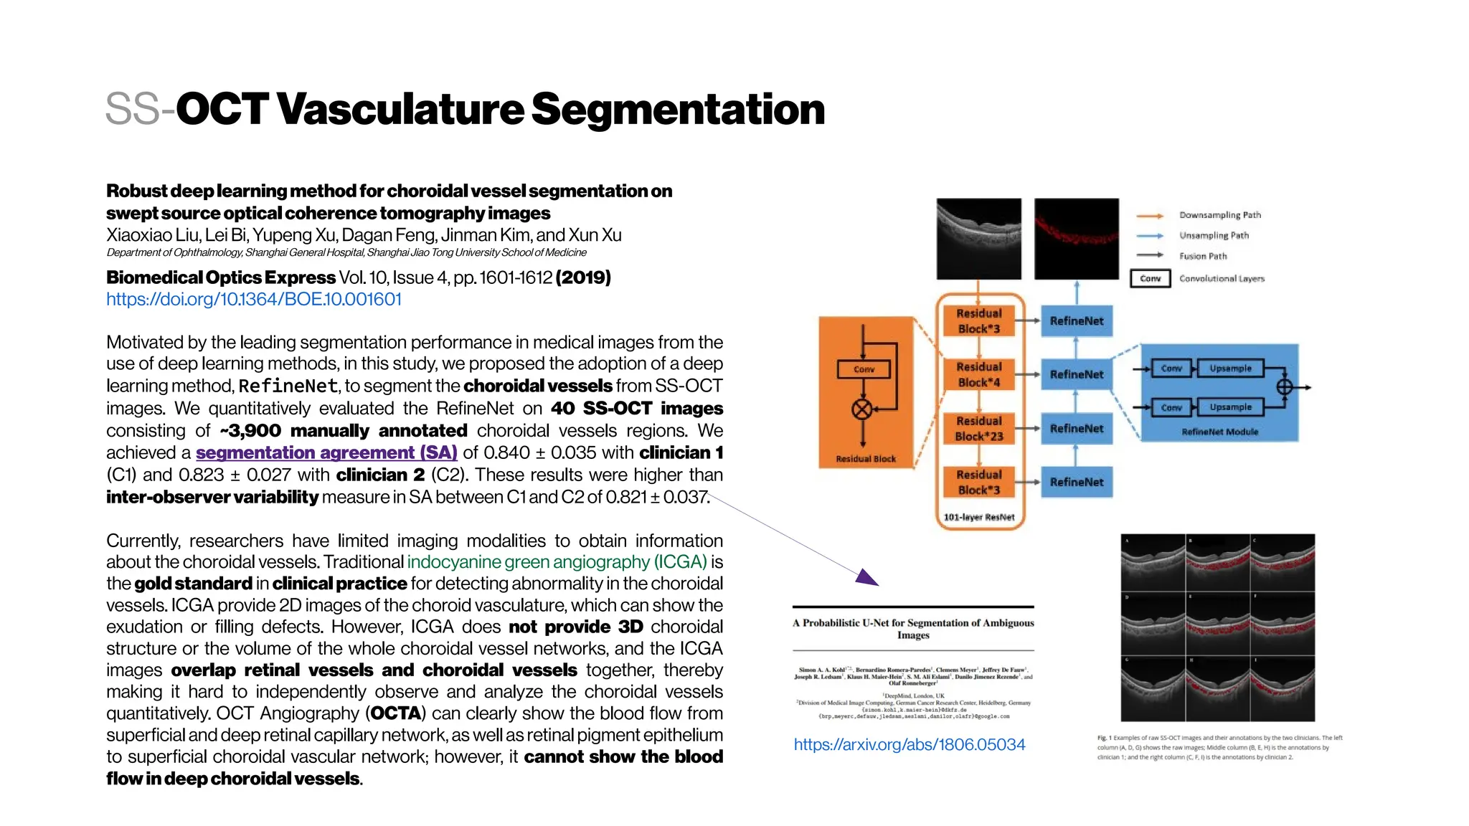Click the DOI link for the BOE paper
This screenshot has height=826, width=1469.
254,299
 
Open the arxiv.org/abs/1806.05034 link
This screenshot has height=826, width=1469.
909,744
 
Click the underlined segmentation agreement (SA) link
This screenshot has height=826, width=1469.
326,452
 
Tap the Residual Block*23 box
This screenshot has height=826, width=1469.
979,428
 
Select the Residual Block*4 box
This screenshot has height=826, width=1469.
979,374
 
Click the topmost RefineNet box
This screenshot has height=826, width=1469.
1076,321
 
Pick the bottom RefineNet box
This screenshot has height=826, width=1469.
1076,482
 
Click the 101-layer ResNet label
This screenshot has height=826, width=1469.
979,517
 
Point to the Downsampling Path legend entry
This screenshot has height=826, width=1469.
1219,215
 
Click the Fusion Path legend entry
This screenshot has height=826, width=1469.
1203,256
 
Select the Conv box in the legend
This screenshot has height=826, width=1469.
1150,278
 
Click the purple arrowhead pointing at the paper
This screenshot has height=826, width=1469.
867,578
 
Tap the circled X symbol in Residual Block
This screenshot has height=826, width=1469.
862,409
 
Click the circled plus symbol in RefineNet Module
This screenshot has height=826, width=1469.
1284,387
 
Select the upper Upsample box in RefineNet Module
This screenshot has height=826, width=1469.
1230,368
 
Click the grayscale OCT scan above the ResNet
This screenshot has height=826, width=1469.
978,239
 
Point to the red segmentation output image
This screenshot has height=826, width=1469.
1076,239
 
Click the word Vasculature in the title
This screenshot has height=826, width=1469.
400,109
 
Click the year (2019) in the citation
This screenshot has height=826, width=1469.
583,277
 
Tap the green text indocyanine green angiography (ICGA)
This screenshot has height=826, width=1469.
557,562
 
